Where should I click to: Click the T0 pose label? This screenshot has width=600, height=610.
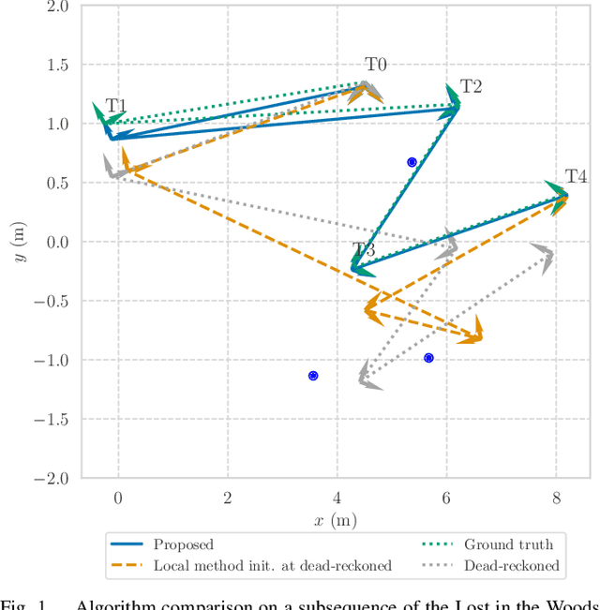(x=376, y=65)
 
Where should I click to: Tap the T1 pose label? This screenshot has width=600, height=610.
(x=116, y=106)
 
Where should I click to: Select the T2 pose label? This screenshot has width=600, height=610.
(x=471, y=87)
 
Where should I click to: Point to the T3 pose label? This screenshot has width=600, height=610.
(x=364, y=250)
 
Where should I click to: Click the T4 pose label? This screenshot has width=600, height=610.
(x=576, y=177)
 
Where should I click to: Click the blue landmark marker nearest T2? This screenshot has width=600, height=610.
(x=412, y=162)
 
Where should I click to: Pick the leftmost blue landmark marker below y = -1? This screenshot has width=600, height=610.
(x=313, y=376)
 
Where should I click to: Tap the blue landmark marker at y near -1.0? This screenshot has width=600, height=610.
(x=428, y=358)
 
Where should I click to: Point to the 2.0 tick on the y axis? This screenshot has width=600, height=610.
(x=58, y=7)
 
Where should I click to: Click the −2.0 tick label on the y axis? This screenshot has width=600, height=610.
(x=52, y=478)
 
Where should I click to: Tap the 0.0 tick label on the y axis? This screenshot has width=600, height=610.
(x=58, y=243)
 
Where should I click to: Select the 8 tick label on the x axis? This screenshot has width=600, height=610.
(x=555, y=498)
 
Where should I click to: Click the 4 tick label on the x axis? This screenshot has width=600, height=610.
(x=337, y=498)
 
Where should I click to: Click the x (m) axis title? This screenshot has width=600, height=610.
(x=336, y=520)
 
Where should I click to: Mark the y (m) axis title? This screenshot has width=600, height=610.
(x=18, y=242)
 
